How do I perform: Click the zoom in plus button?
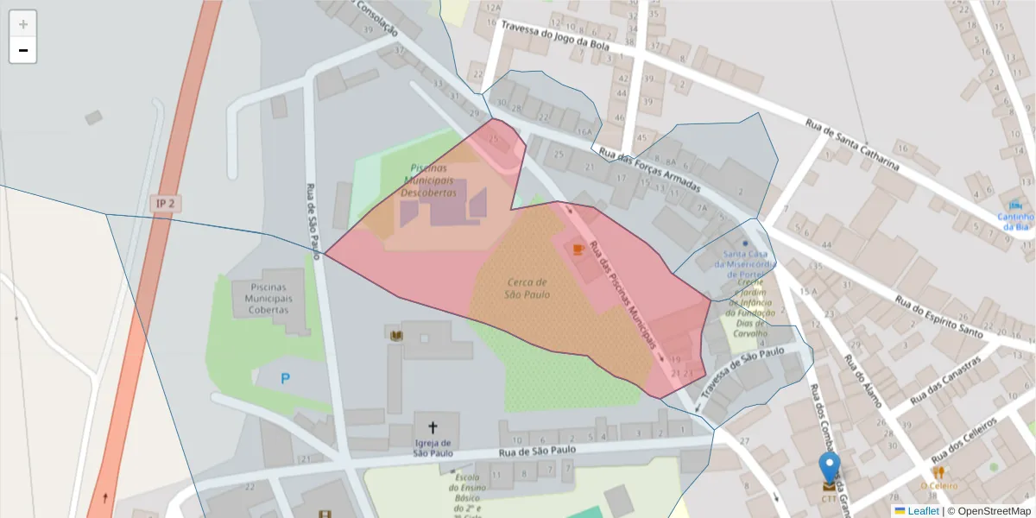point(23,24)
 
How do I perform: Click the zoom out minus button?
point(23,51)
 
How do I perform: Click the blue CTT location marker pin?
point(829,468)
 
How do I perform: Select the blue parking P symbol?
point(285,378)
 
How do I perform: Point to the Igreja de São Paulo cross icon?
point(433,426)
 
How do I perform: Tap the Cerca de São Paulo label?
point(527,288)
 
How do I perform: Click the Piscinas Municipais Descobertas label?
point(428,180)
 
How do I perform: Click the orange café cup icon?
point(578,250)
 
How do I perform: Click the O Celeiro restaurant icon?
point(938,472)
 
